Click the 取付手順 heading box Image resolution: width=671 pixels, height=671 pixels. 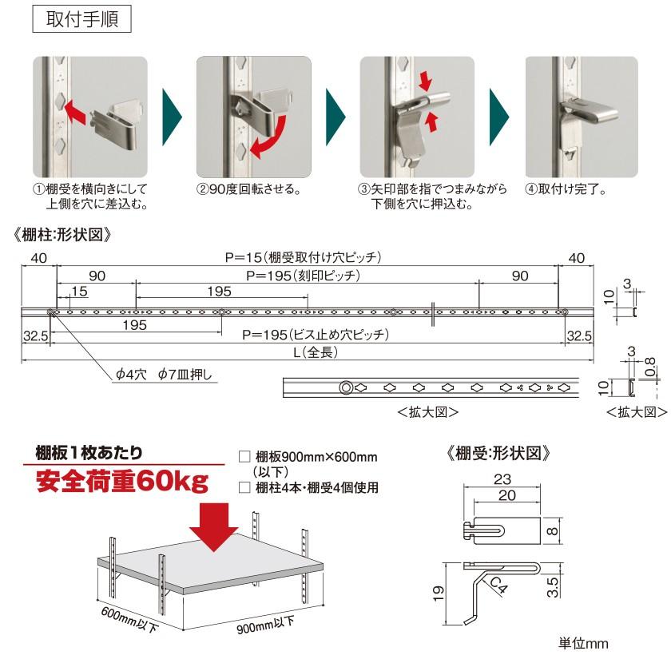coord(81,19)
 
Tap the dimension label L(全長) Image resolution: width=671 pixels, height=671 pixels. coord(309,351)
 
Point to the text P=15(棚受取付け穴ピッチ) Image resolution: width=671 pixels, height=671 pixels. coord(304,257)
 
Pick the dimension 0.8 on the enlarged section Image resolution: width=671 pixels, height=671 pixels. coord(650,366)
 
